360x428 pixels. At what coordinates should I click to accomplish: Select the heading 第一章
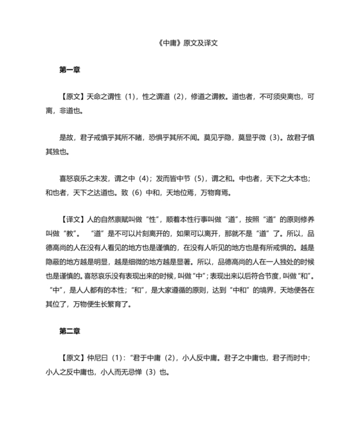(69, 68)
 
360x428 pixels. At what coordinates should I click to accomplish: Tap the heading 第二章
(69, 331)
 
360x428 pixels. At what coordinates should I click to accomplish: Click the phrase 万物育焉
(217, 192)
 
